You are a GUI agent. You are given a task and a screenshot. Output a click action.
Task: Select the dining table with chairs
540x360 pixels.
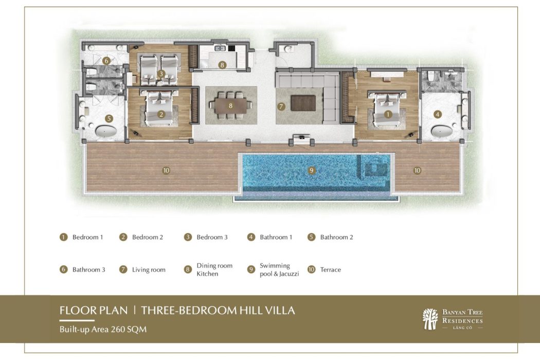click(x=230, y=105)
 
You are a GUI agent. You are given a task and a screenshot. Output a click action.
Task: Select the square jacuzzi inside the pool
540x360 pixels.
click(x=374, y=168)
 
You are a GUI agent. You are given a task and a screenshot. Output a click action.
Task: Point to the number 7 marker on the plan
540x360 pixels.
click(x=281, y=107)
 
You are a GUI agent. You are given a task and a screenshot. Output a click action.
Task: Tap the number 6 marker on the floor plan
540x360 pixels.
click(x=106, y=61)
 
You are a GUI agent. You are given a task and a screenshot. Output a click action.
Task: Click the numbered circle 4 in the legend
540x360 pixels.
click(x=251, y=237)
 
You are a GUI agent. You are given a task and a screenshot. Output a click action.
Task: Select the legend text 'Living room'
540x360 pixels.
click(x=149, y=269)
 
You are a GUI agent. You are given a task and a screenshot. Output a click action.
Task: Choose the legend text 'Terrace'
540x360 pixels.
click(x=330, y=269)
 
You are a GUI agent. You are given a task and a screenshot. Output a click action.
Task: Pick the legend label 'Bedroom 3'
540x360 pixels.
click(x=212, y=237)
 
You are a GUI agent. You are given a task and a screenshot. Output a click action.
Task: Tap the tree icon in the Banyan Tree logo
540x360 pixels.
click(x=430, y=319)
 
